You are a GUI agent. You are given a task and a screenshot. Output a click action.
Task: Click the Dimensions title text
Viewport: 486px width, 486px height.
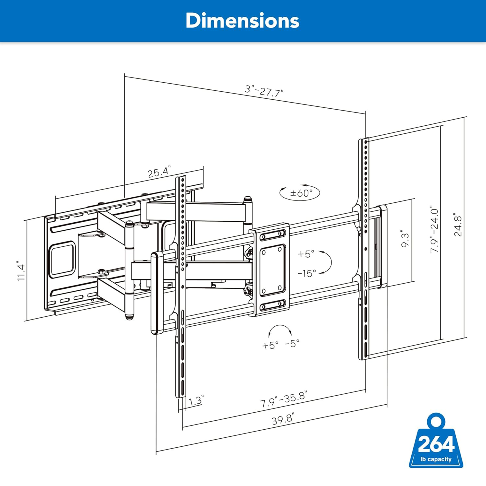243,21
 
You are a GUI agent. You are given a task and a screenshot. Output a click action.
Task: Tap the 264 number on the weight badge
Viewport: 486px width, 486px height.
436,444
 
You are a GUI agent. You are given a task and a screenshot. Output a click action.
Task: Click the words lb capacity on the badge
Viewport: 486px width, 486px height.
436,459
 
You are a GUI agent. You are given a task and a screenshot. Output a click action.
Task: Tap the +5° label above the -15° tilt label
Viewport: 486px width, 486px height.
306,254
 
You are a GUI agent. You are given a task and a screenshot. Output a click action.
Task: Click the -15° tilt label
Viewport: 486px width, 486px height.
307,273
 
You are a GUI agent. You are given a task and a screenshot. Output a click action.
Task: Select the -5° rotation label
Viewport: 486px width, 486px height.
292,343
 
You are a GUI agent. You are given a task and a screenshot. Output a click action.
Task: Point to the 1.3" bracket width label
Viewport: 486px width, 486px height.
196,400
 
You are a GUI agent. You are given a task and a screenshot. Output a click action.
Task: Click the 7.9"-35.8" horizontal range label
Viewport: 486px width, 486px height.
284,399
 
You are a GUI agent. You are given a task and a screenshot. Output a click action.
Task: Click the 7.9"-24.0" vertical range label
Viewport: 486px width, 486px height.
434,231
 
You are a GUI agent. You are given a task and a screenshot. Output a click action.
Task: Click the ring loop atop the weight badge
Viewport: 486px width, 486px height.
436,422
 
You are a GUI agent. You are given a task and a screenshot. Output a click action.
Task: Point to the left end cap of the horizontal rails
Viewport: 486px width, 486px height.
157,293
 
